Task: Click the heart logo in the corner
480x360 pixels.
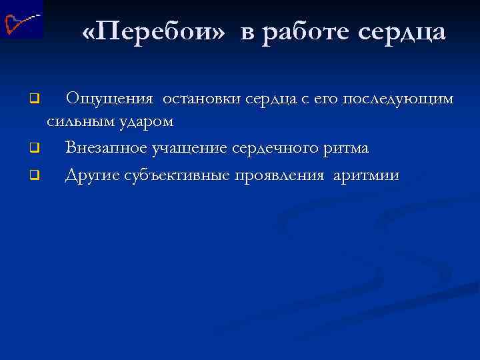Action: pos(21,21)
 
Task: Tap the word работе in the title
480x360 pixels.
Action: pos(304,32)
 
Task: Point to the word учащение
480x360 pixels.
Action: pos(189,147)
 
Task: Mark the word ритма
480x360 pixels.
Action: pos(347,147)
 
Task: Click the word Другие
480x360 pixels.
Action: pos(94,175)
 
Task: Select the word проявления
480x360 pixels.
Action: pos(274,175)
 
